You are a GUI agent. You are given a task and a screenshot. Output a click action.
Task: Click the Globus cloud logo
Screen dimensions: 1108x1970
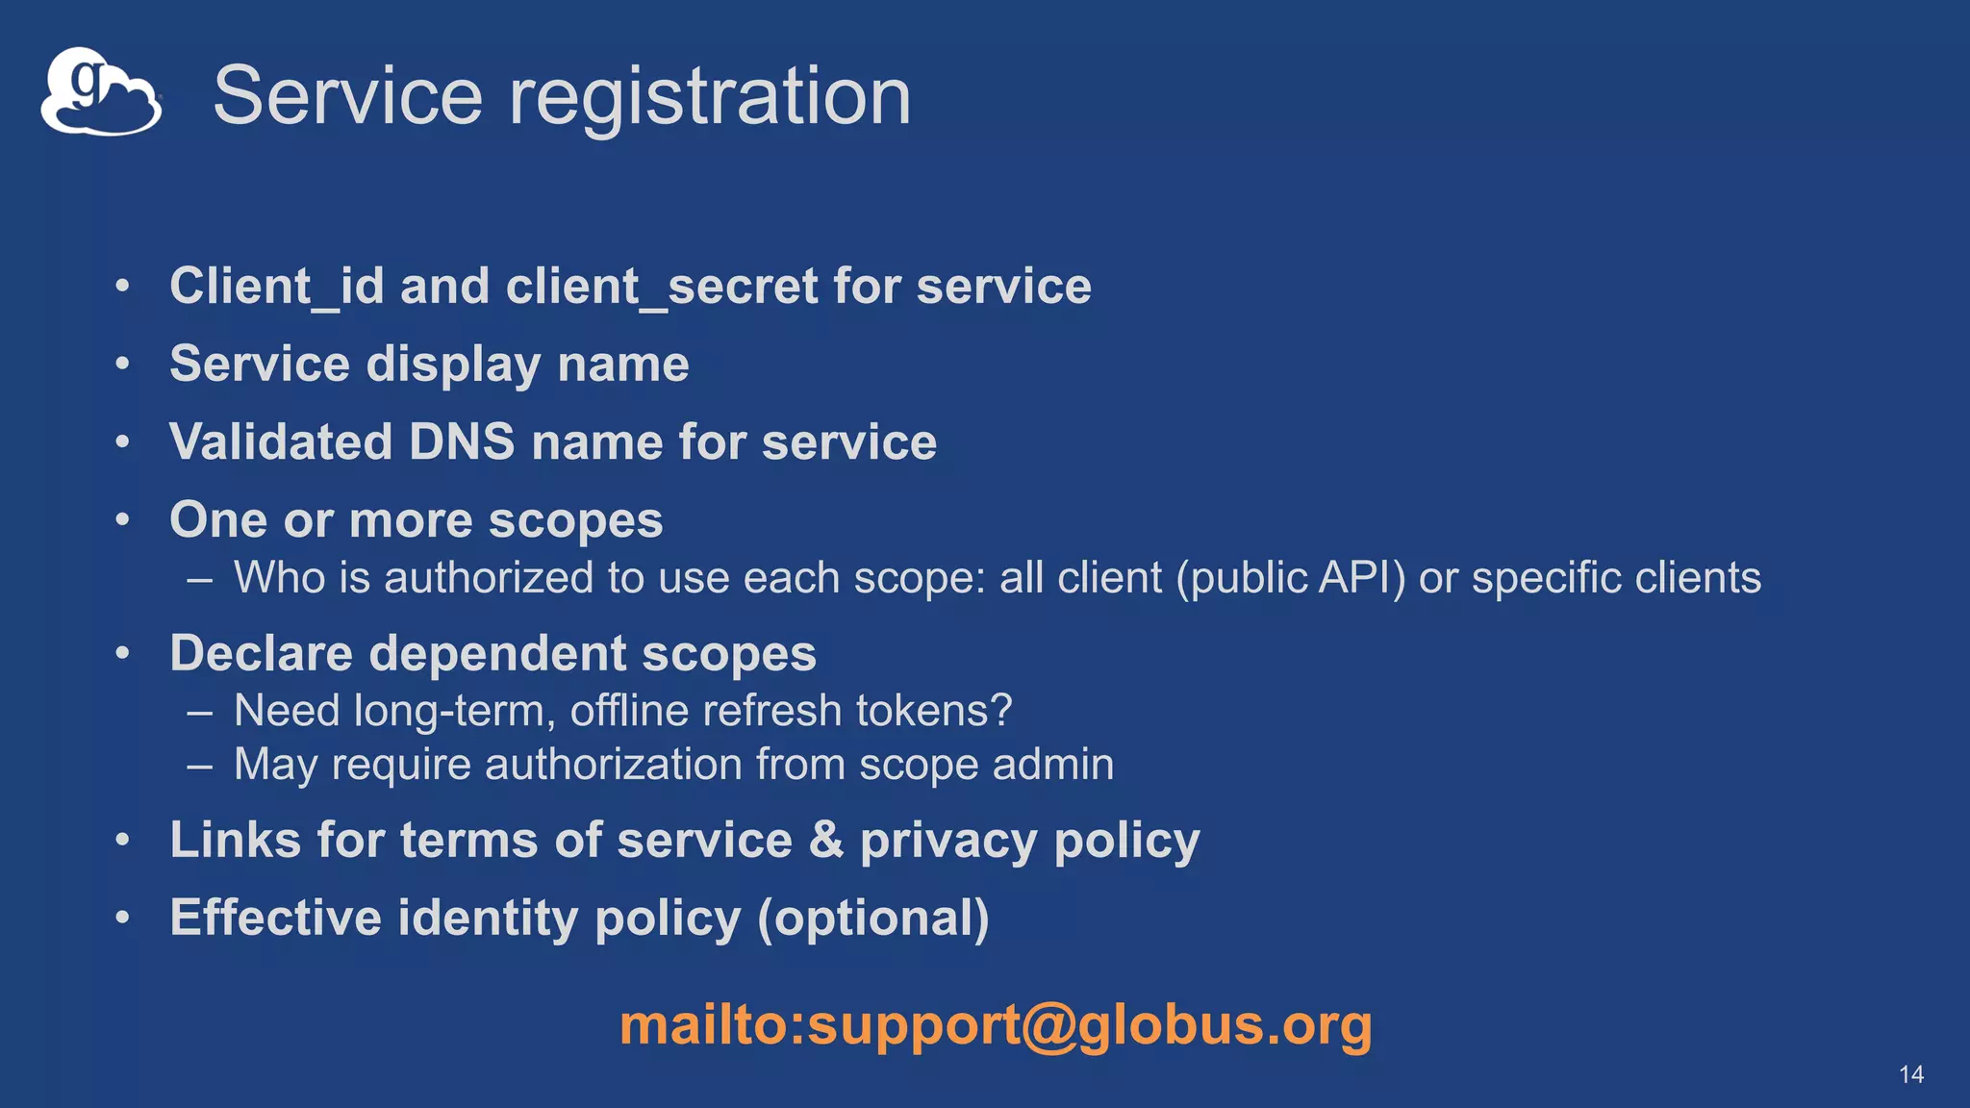click(x=100, y=92)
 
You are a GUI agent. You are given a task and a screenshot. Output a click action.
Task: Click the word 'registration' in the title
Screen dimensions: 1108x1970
click(x=709, y=96)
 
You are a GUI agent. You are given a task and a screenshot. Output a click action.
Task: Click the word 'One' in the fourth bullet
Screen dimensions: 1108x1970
click(x=218, y=520)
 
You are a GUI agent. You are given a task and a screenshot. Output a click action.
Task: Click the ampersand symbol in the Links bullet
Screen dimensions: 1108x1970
click(x=826, y=840)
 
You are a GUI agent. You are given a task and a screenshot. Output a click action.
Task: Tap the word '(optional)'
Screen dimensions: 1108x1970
click(x=873, y=919)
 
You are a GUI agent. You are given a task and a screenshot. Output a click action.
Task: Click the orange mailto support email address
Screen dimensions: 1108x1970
click(x=996, y=1024)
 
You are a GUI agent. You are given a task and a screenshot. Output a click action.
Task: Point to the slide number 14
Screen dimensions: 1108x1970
click(x=1910, y=1074)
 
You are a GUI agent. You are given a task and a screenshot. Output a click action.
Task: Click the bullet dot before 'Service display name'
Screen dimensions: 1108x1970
click(x=122, y=365)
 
